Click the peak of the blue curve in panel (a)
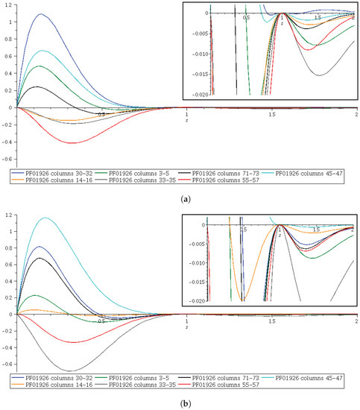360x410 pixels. [x=42, y=14]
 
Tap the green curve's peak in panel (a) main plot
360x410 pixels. [x=42, y=66]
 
